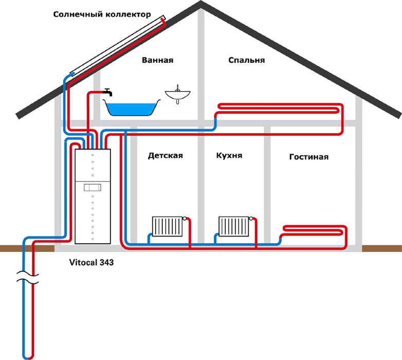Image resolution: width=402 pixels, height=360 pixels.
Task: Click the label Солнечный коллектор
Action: coord(102,14)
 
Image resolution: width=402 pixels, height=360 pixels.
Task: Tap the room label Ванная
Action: coord(158,60)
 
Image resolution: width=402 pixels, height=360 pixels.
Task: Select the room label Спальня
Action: coord(246,60)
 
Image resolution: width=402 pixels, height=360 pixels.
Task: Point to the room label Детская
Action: coord(166,156)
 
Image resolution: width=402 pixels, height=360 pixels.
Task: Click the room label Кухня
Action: coord(229,155)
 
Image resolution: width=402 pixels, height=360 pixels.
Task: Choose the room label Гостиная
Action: coord(308,157)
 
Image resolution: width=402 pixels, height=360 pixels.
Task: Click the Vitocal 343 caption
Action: coord(92,262)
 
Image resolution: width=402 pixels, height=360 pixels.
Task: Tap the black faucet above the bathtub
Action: coord(108,92)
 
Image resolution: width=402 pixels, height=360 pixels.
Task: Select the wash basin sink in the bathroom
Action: coord(178,94)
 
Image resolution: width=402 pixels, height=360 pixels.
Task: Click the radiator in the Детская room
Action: coord(167,226)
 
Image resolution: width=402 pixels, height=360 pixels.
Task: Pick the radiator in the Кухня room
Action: coord(233,226)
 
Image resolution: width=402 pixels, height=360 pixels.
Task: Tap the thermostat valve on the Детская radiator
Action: coord(185,219)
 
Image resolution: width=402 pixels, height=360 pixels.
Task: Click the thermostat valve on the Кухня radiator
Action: coord(251,219)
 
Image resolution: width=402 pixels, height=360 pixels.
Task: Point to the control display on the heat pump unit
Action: coord(93,187)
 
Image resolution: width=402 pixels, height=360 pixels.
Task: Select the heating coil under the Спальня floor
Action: coord(280,109)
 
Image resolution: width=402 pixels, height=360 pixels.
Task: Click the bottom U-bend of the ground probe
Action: coord(28,357)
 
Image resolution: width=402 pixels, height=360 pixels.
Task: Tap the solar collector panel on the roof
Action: coord(118,46)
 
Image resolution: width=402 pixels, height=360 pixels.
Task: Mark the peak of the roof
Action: coord(201,2)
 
